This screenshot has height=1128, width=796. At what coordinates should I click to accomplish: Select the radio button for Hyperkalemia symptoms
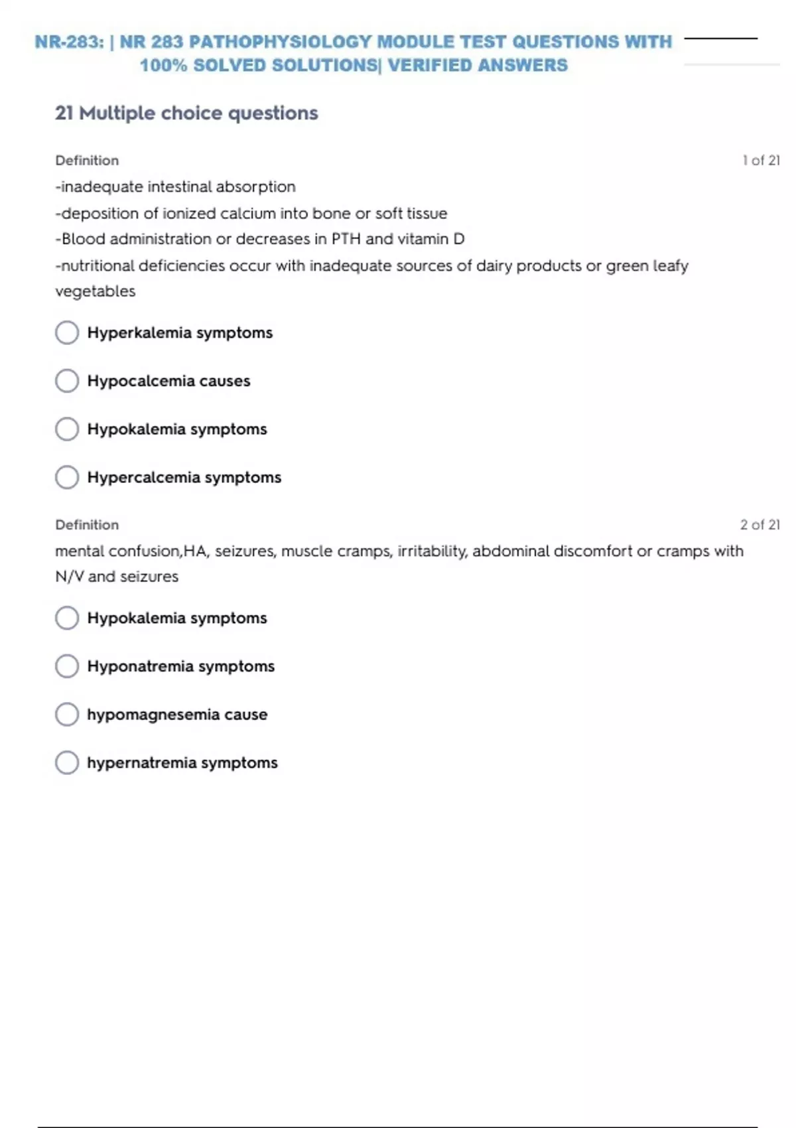click(67, 332)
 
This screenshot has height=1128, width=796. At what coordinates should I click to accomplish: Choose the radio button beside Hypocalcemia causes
click(67, 381)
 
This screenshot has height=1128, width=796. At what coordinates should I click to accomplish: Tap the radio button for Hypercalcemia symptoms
click(67, 477)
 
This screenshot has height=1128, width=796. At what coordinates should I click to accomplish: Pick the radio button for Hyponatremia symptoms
click(67, 666)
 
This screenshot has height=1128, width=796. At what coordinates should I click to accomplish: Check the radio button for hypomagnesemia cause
click(67, 715)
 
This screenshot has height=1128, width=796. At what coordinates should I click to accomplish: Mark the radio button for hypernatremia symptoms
click(67, 762)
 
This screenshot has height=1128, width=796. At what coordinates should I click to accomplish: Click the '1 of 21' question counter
click(761, 161)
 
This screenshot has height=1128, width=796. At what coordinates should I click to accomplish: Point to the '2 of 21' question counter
click(760, 525)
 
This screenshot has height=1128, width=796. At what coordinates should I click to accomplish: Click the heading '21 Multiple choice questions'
click(186, 113)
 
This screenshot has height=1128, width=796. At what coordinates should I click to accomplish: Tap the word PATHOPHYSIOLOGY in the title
click(280, 42)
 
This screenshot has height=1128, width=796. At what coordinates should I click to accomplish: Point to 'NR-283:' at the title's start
click(69, 42)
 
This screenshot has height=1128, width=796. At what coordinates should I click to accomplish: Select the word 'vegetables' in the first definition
click(95, 291)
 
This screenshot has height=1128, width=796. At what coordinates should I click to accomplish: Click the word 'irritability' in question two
click(432, 551)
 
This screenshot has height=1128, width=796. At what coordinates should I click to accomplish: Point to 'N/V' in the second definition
click(69, 577)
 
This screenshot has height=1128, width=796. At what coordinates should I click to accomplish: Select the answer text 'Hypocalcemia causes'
click(168, 381)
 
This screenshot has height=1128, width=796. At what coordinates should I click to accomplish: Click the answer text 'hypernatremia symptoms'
click(182, 763)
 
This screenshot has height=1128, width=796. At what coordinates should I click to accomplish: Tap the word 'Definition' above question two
click(87, 525)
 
